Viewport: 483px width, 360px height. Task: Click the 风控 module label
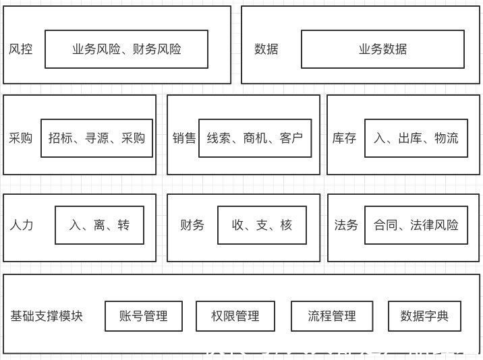(21, 49)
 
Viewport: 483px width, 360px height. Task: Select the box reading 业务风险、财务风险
(126, 49)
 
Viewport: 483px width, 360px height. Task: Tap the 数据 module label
(266, 49)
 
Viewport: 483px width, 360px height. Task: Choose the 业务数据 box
(382, 49)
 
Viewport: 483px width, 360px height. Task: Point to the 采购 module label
(21, 138)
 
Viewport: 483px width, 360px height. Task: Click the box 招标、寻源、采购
(96, 138)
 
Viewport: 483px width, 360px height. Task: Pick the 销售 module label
(183, 138)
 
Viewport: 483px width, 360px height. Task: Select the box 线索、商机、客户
(254, 138)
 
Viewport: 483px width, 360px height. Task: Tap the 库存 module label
(344, 138)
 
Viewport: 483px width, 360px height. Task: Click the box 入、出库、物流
(416, 138)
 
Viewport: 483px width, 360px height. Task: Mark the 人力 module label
(21, 225)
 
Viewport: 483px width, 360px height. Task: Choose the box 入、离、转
(99, 225)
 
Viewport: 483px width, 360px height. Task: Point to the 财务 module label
(192, 225)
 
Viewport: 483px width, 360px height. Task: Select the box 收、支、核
(262, 225)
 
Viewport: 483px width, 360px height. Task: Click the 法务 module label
(346, 225)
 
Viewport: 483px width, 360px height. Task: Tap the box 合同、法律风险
(416, 225)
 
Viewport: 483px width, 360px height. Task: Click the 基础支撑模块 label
(47, 316)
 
